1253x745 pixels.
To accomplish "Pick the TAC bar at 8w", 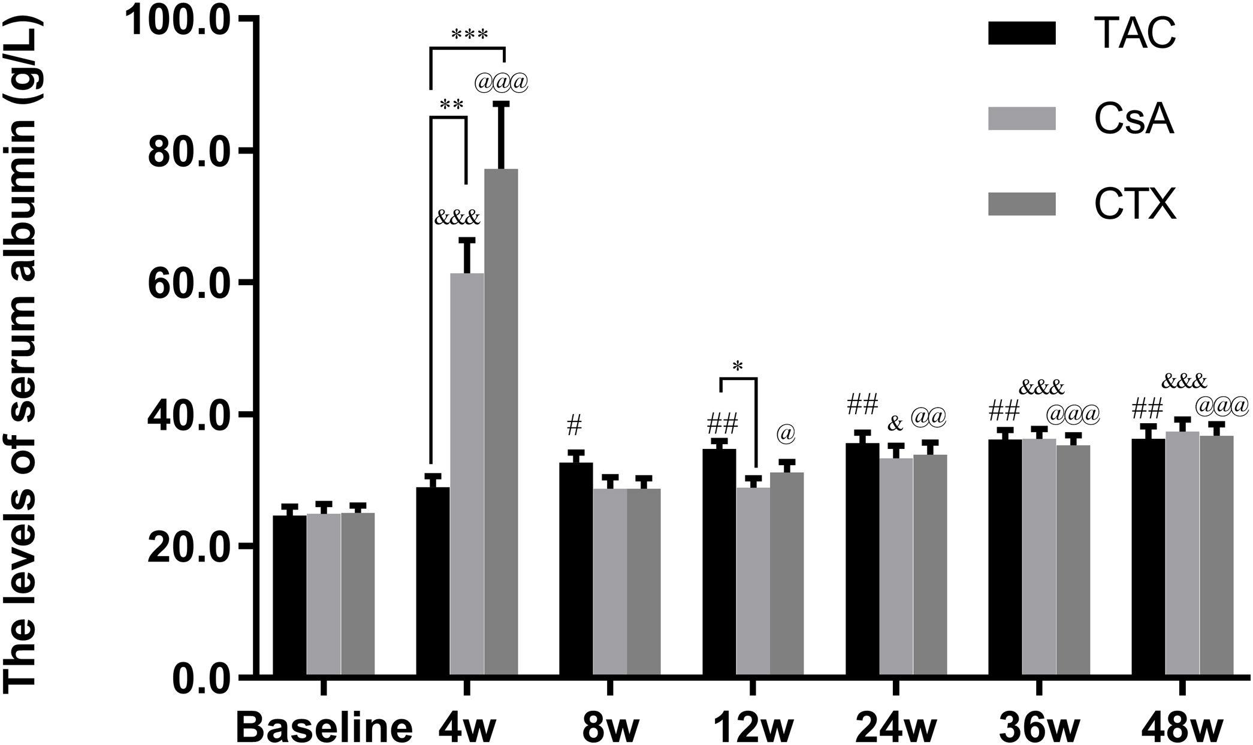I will pyautogui.click(x=576, y=569).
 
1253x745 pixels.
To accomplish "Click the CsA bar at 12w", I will pyautogui.click(x=753, y=581).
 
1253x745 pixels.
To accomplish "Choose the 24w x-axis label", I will pyautogui.click(x=895, y=726).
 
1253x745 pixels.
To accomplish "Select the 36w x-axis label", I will pyautogui.click(x=1039, y=726).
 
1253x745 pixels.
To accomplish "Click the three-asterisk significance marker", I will pyautogui.click(x=470, y=35).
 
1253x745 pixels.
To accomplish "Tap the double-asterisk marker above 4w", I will pyautogui.click(x=451, y=105).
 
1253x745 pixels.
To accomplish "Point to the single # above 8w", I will pyautogui.click(x=573, y=426).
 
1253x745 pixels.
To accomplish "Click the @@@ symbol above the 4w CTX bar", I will pyautogui.click(x=502, y=83).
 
